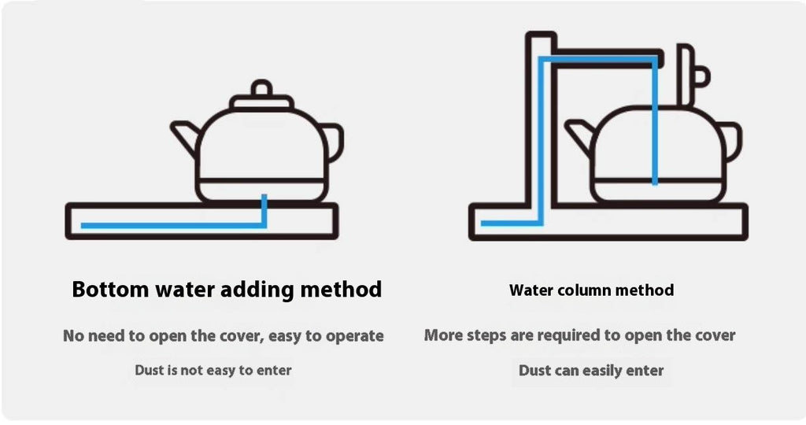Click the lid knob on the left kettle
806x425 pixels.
(261, 88)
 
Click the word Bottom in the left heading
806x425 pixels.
(110, 290)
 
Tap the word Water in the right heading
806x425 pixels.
(528, 290)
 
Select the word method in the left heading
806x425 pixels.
(341, 290)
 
